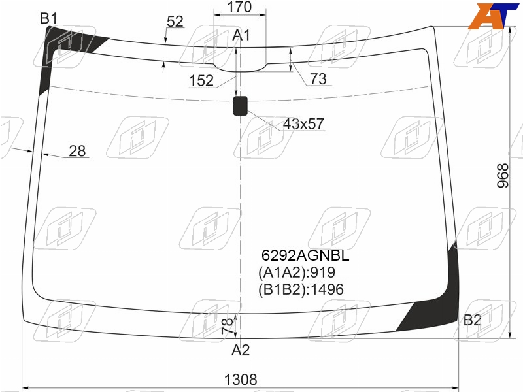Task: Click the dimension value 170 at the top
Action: point(239,7)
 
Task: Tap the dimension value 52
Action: point(175,22)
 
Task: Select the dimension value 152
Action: point(201,80)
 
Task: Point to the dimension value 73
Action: point(318,79)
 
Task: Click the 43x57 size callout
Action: point(303,124)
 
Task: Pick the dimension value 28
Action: point(77,151)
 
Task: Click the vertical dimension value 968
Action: point(503,176)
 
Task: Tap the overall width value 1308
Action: point(241,380)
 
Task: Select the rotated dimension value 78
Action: point(227,326)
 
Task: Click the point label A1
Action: point(241,35)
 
